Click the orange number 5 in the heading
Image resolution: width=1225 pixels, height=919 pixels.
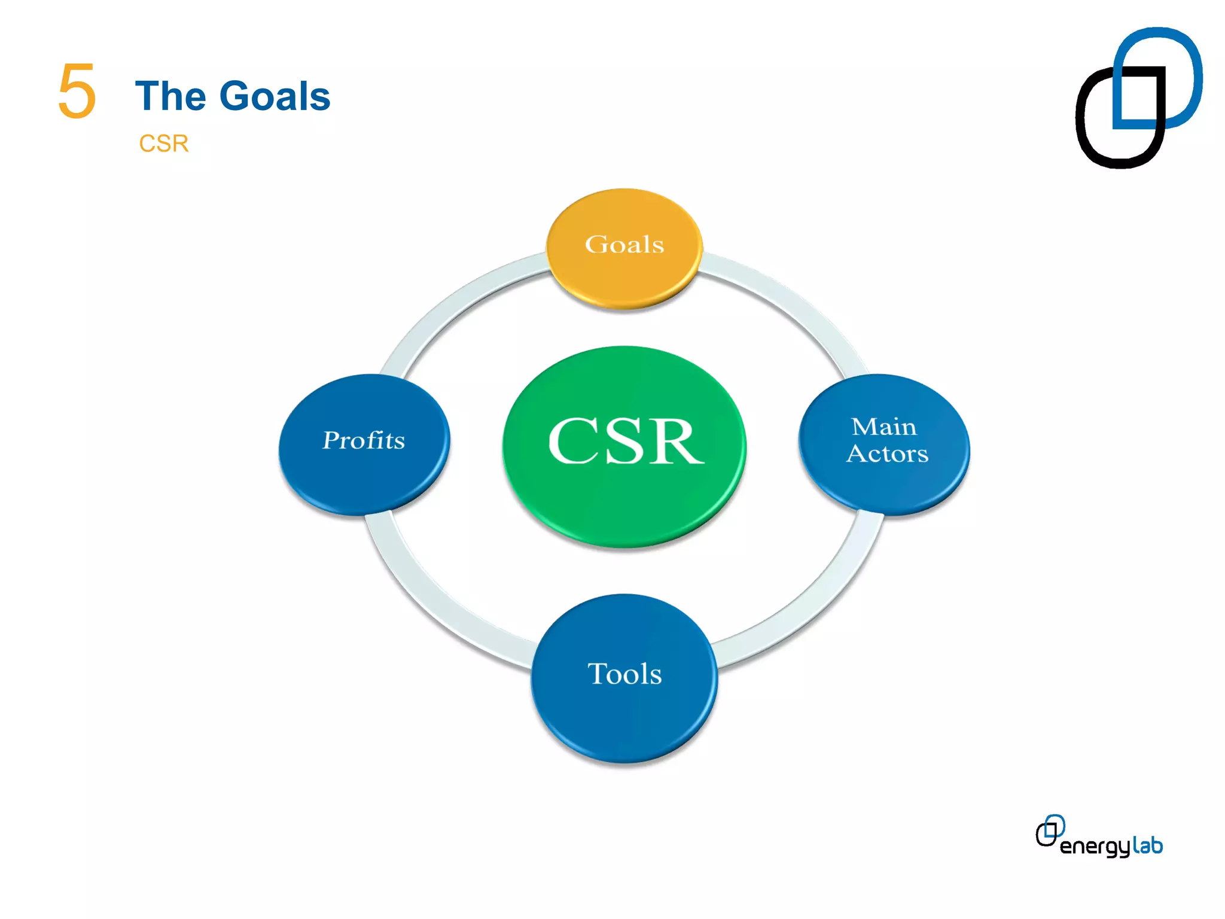pos(77,92)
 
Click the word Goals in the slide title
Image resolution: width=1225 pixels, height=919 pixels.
pos(275,96)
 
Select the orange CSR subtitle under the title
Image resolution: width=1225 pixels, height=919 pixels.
pos(163,144)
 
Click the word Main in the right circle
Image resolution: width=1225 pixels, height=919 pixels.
pos(883,427)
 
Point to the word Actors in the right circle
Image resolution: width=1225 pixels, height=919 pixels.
pos(887,454)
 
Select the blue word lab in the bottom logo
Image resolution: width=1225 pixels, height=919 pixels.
pos(1147,845)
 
